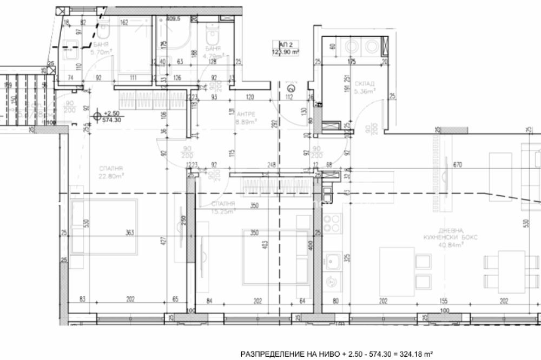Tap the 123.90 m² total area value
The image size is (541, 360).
coord(286,52)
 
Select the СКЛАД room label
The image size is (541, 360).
coord(361,84)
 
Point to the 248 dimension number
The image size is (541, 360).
coord(271,165)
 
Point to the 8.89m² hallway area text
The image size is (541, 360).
coord(246,122)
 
